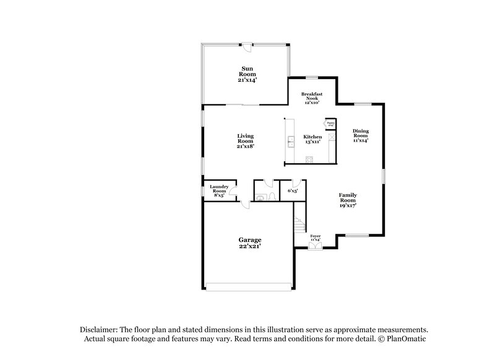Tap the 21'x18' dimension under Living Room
coord(246,146)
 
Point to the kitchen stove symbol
coord(310,160)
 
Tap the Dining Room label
coord(361,135)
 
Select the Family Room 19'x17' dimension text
coord(347,205)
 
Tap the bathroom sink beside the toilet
coord(273,197)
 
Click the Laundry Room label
coord(219,189)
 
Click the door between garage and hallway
coord(246,205)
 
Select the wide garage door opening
coord(247,286)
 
